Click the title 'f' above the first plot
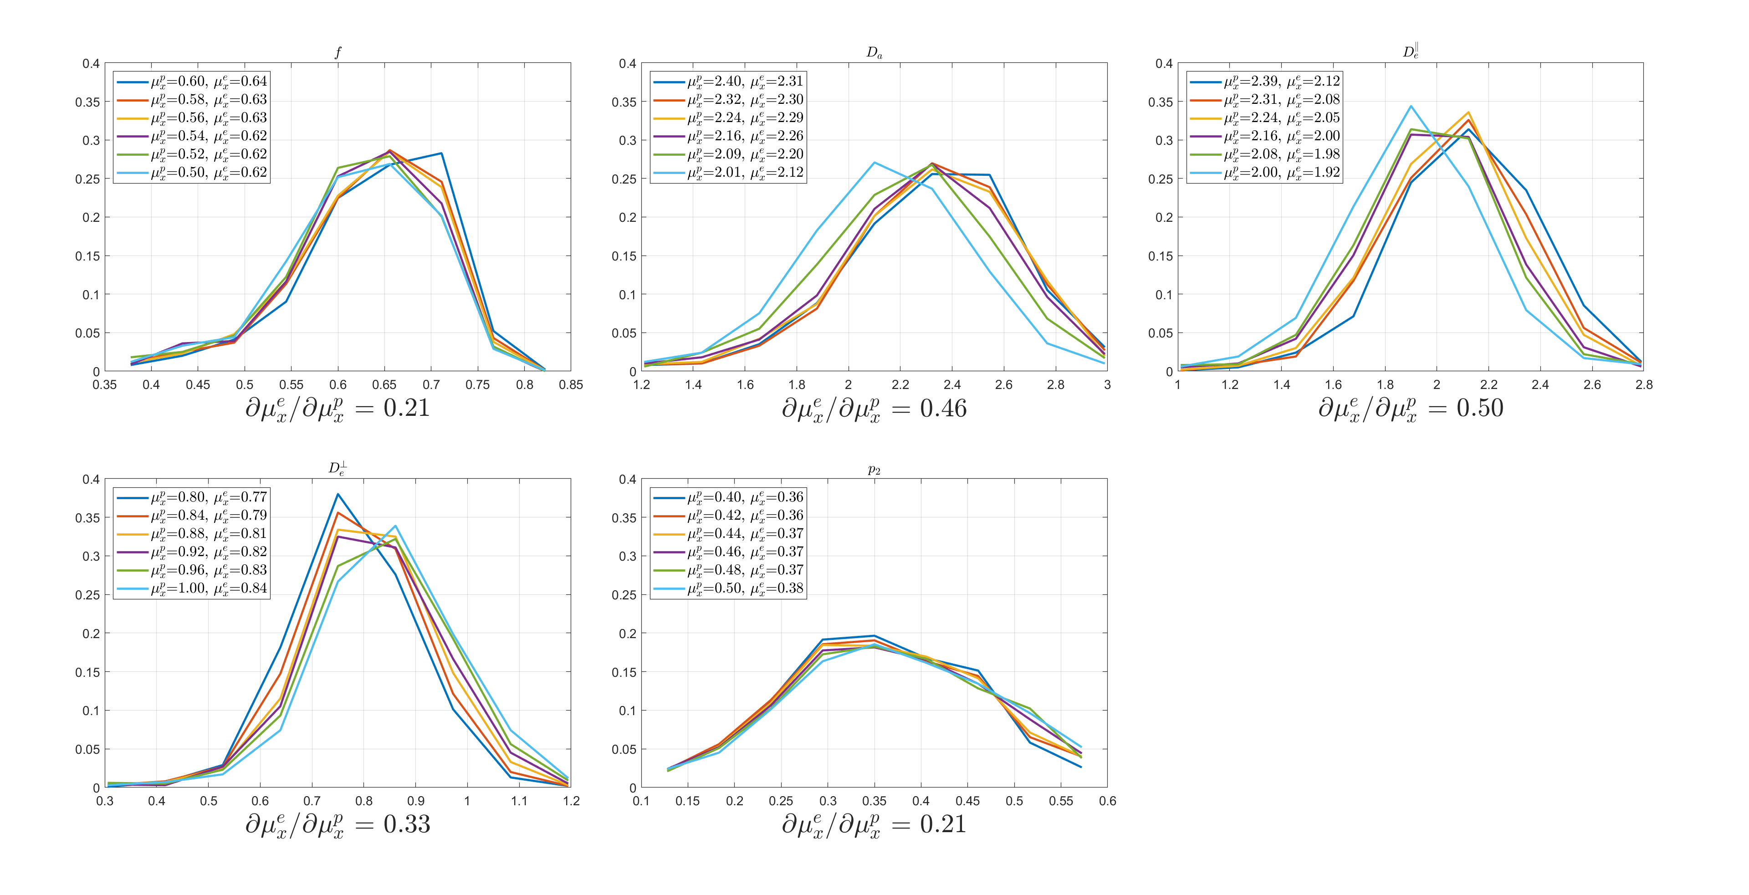(338, 52)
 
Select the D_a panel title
(874, 52)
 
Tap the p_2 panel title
(874, 469)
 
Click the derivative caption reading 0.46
(874, 409)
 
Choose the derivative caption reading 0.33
(338, 825)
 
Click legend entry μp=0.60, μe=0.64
(192, 82)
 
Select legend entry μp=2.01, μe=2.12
(729, 173)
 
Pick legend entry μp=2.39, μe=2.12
(1265, 82)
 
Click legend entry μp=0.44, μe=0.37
(729, 534)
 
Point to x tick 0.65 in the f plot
(384, 385)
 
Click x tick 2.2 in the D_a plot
(900, 385)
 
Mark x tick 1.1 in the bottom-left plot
(519, 801)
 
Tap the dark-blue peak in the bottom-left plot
(338, 494)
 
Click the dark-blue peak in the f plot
(441, 153)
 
